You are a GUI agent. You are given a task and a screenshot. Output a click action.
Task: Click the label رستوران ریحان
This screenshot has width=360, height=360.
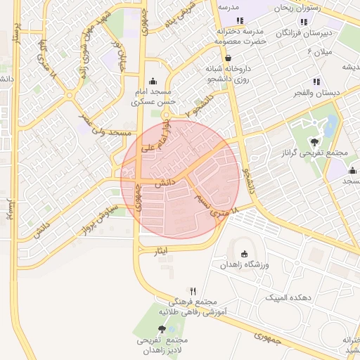(x=300, y=8)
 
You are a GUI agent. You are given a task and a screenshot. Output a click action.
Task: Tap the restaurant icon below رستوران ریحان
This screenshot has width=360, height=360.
(x=304, y=21)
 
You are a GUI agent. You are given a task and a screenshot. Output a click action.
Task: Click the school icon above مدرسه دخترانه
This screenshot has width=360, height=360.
(x=240, y=20)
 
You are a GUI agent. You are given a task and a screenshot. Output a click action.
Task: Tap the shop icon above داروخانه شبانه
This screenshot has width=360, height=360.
(x=226, y=58)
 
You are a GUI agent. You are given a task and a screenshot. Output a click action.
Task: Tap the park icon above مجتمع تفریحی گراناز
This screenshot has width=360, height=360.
(x=304, y=142)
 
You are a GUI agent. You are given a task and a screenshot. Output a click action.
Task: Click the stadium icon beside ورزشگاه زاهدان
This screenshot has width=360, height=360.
(x=244, y=254)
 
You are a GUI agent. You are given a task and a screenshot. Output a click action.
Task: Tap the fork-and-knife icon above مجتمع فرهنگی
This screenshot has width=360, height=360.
(x=193, y=291)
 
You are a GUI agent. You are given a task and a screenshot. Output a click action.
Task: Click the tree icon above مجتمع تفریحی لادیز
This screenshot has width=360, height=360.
(x=162, y=329)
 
